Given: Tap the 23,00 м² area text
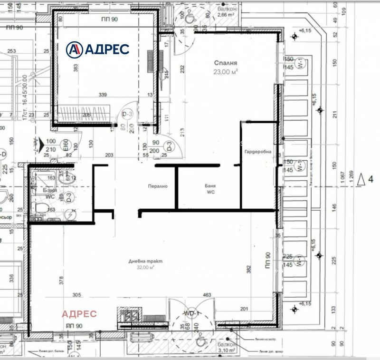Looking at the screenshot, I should (x=226, y=71).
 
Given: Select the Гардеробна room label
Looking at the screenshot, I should (x=258, y=152).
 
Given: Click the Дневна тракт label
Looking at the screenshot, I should (x=145, y=261).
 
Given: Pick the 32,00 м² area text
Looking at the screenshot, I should (x=145, y=267).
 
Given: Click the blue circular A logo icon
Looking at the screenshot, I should (x=74, y=49).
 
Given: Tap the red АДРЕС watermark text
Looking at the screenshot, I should (x=79, y=314).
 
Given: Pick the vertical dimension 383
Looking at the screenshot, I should (x=75, y=68).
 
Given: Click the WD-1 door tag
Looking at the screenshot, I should (x=193, y=313).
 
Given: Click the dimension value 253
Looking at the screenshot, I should (x=12, y=51).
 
